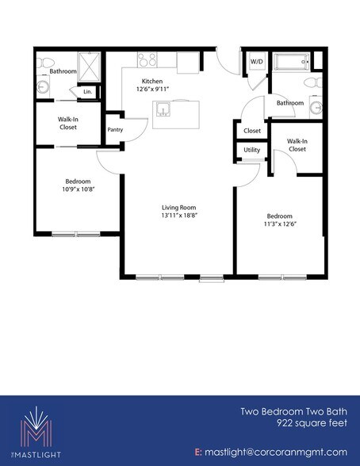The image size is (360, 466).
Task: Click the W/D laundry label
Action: pos(257,61)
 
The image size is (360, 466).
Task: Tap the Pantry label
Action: pos(115,129)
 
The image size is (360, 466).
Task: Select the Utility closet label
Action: pos(252,149)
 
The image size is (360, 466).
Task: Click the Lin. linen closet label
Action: pos(87,93)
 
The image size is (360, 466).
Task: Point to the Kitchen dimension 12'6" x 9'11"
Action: pos(153,90)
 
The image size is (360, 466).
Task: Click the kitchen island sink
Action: pos(164,109)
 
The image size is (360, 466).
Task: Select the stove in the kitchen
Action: pos(147,58)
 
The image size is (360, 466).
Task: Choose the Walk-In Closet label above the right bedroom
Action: pos(297,144)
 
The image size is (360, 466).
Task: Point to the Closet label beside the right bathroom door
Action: pos(252,131)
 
